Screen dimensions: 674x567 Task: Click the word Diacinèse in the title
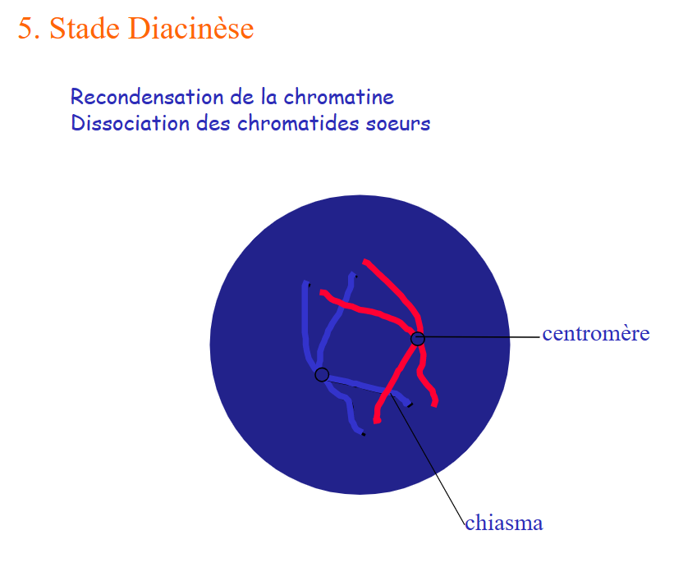tap(190, 29)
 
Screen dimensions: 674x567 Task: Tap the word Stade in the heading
tap(85, 29)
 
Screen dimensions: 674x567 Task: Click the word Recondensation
tap(148, 97)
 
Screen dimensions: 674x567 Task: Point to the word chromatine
tap(339, 97)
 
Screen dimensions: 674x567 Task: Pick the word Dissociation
tap(131, 123)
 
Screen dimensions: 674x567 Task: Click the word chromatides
tap(298, 123)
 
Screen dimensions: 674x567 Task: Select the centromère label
tap(596, 334)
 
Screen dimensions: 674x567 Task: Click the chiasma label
tap(504, 524)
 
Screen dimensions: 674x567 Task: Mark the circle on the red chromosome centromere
tap(418, 339)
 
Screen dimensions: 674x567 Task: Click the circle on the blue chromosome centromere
tap(322, 374)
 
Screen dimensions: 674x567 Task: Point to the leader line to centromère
tap(479, 337)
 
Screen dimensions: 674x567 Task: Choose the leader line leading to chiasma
tap(428, 459)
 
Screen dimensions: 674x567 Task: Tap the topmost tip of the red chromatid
tap(365, 261)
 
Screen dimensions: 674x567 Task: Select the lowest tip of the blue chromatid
tap(363, 434)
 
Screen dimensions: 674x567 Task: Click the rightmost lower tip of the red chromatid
tap(434, 405)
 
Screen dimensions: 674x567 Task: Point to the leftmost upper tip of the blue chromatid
tap(305, 283)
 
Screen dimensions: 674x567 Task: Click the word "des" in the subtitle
tap(213, 123)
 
